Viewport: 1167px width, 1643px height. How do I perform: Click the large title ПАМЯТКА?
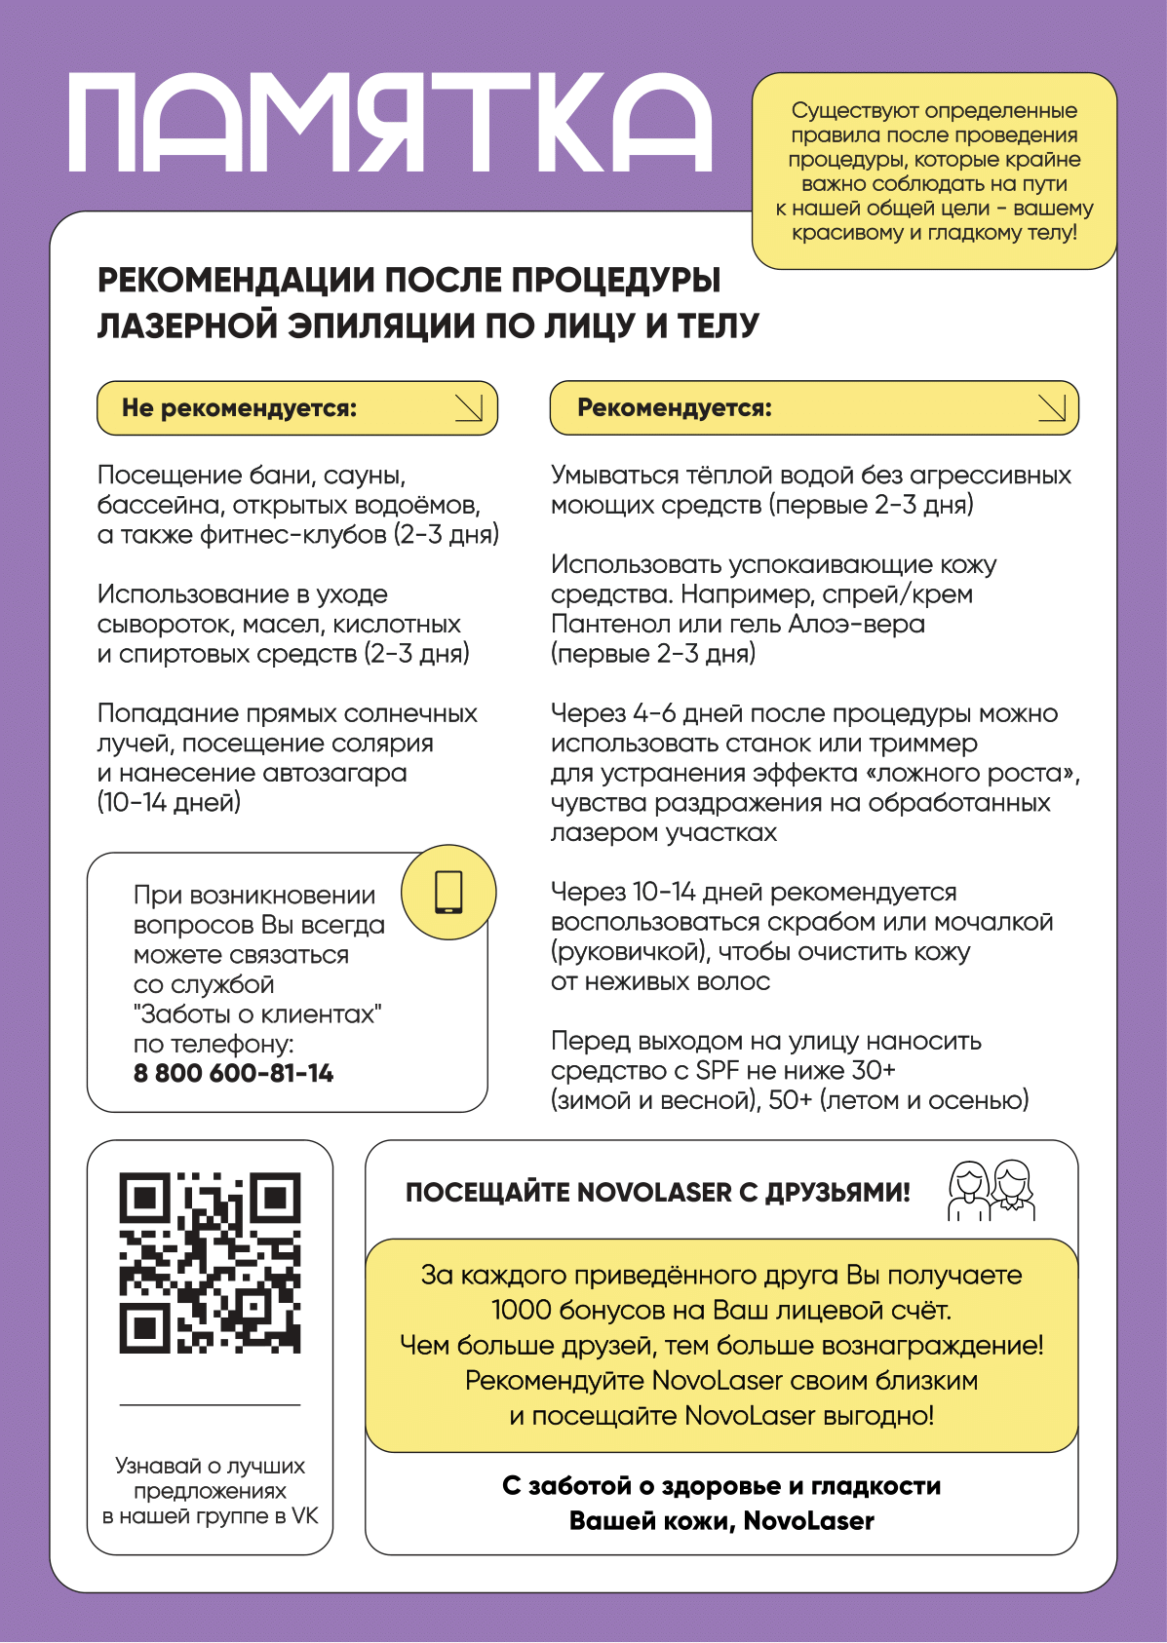point(390,124)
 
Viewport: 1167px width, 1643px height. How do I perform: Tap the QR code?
point(210,1263)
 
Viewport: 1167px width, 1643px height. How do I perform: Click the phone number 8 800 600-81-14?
point(233,1074)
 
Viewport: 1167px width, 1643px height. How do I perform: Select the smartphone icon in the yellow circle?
point(448,892)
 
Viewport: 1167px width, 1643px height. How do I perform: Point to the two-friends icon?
point(992,1190)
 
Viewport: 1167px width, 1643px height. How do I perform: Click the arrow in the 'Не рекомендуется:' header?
point(469,408)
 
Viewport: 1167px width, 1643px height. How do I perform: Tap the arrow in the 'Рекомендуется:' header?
point(1051,408)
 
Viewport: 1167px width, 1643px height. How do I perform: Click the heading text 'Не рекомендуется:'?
point(239,408)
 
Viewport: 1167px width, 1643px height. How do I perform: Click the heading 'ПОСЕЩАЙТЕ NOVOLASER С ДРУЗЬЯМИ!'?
point(657,1193)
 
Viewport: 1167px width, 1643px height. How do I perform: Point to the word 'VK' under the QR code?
point(304,1516)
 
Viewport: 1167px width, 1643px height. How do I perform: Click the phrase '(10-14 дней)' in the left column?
point(169,803)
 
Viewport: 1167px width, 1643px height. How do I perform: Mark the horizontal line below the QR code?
point(210,1405)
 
